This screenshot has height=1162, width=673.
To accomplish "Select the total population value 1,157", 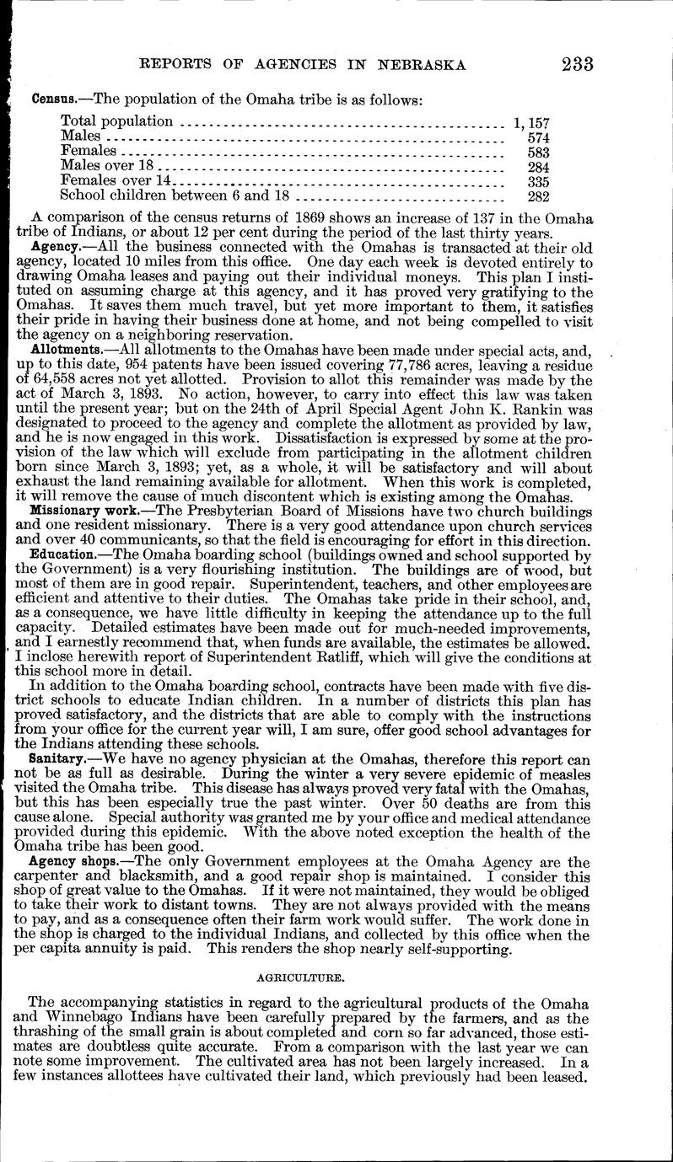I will [x=531, y=123].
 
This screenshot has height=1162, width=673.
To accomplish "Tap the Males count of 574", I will [x=538, y=137].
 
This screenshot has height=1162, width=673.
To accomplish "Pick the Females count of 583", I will [x=538, y=153].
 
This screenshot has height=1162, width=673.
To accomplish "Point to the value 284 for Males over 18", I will [x=538, y=167].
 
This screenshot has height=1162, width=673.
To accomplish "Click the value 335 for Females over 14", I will [x=538, y=182].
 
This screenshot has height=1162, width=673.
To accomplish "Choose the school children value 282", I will [x=538, y=197].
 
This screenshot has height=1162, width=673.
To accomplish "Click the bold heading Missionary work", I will [x=73, y=511].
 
